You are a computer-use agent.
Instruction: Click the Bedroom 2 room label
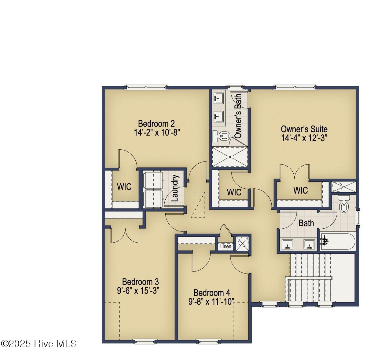click(x=156, y=124)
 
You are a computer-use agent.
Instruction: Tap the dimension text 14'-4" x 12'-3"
click(x=304, y=138)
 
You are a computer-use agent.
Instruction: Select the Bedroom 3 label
click(x=140, y=282)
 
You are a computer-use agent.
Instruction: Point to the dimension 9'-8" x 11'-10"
click(x=211, y=301)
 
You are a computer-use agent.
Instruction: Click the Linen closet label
click(x=226, y=246)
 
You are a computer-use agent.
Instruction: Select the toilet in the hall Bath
click(x=344, y=204)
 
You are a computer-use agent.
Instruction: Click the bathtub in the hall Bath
click(x=338, y=242)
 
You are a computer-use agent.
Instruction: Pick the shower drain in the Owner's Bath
click(x=230, y=157)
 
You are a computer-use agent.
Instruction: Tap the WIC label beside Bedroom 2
click(x=124, y=187)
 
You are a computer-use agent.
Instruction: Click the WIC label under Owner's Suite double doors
click(x=300, y=190)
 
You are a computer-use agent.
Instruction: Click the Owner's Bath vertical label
click(x=238, y=116)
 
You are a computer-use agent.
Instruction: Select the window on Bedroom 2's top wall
click(x=146, y=87)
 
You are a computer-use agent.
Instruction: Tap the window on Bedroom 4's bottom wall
click(x=207, y=341)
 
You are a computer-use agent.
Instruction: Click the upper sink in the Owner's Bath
click(x=219, y=98)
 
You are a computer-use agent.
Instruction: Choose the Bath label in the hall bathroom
click(x=306, y=223)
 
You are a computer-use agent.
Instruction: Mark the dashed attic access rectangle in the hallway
click(x=198, y=205)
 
